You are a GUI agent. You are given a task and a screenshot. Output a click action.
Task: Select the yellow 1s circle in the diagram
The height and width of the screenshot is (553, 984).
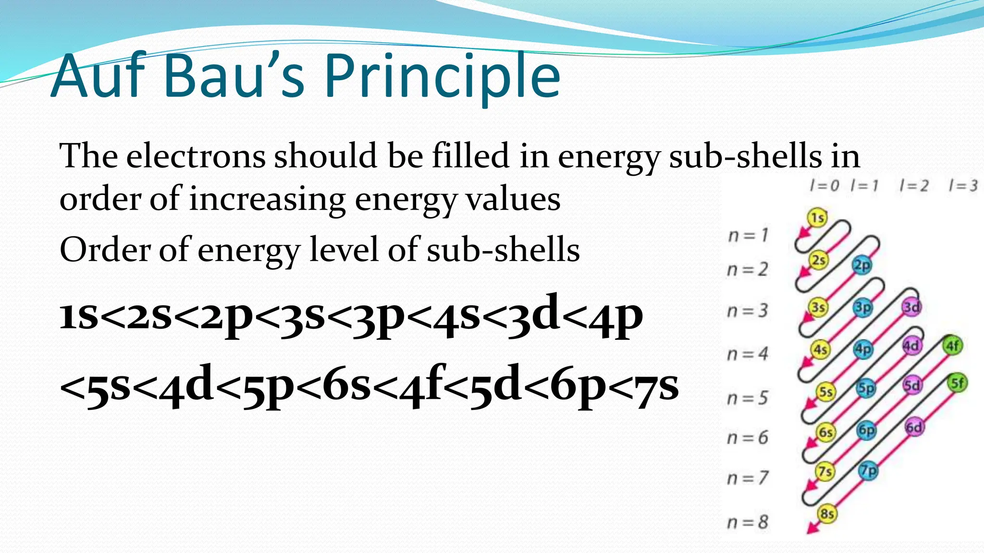[817, 218]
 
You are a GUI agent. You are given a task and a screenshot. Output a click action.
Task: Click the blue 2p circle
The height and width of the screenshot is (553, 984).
[861, 265]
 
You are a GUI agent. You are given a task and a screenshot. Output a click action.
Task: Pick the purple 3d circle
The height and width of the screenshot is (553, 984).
[911, 307]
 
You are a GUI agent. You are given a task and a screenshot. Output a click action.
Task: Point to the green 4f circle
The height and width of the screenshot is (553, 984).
[952, 346]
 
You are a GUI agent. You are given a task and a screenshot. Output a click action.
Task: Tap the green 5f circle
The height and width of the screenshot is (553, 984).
[957, 383]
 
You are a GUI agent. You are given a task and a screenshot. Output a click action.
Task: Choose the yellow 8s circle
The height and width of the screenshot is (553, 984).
[827, 514]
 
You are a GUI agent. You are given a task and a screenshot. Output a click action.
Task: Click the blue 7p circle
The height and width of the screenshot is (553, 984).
[868, 470]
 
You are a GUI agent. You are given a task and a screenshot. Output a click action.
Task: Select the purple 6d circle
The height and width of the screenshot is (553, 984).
[914, 427]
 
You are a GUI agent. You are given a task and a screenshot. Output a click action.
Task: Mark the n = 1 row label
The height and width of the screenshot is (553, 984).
[748, 235]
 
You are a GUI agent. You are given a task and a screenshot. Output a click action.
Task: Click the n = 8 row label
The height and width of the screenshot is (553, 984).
[748, 522]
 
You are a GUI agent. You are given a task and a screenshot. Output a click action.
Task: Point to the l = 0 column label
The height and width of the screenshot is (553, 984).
[824, 185]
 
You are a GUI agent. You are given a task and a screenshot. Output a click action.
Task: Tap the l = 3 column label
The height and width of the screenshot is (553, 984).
[963, 185]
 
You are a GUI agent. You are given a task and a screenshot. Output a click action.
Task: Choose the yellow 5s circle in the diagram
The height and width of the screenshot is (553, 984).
[825, 392]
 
